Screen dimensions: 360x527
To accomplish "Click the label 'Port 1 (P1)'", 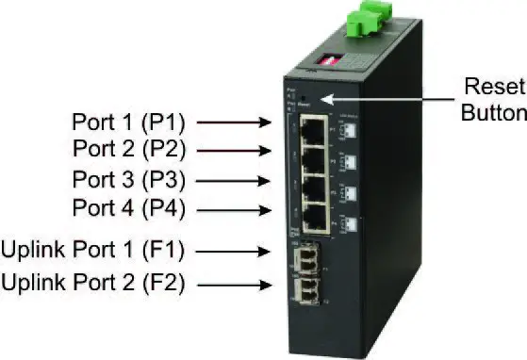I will click(128, 122).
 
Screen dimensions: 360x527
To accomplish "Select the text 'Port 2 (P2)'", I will click(128, 149).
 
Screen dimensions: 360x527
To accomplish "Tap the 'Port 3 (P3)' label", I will click(128, 178).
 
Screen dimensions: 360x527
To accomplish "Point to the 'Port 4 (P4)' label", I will click(128, 207).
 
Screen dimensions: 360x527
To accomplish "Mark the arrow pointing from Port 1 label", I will click(231, 122).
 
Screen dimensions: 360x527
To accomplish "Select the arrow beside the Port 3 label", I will click(231, 178).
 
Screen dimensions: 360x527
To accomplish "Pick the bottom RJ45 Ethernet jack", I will click(314, 221).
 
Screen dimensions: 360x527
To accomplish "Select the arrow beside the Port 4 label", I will click(231, 207).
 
